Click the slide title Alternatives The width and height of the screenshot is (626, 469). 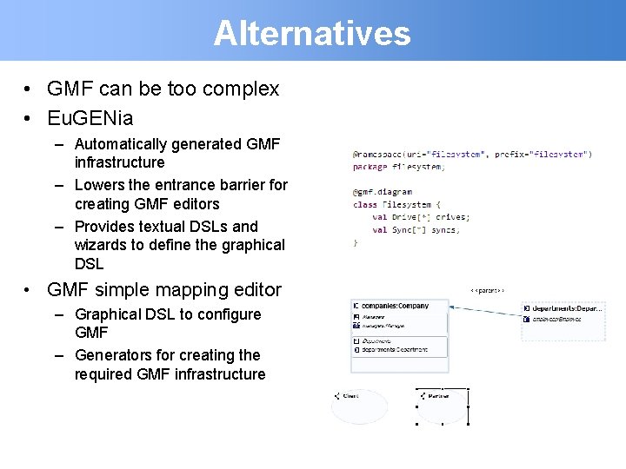(x=312, y=33)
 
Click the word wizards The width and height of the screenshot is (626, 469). (x=103, y=245)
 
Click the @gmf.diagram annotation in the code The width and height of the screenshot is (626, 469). (x=383, y=192)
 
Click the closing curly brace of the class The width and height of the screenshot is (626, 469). (x=355, y=243)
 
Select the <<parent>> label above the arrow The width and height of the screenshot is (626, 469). (x=487, y=290)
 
